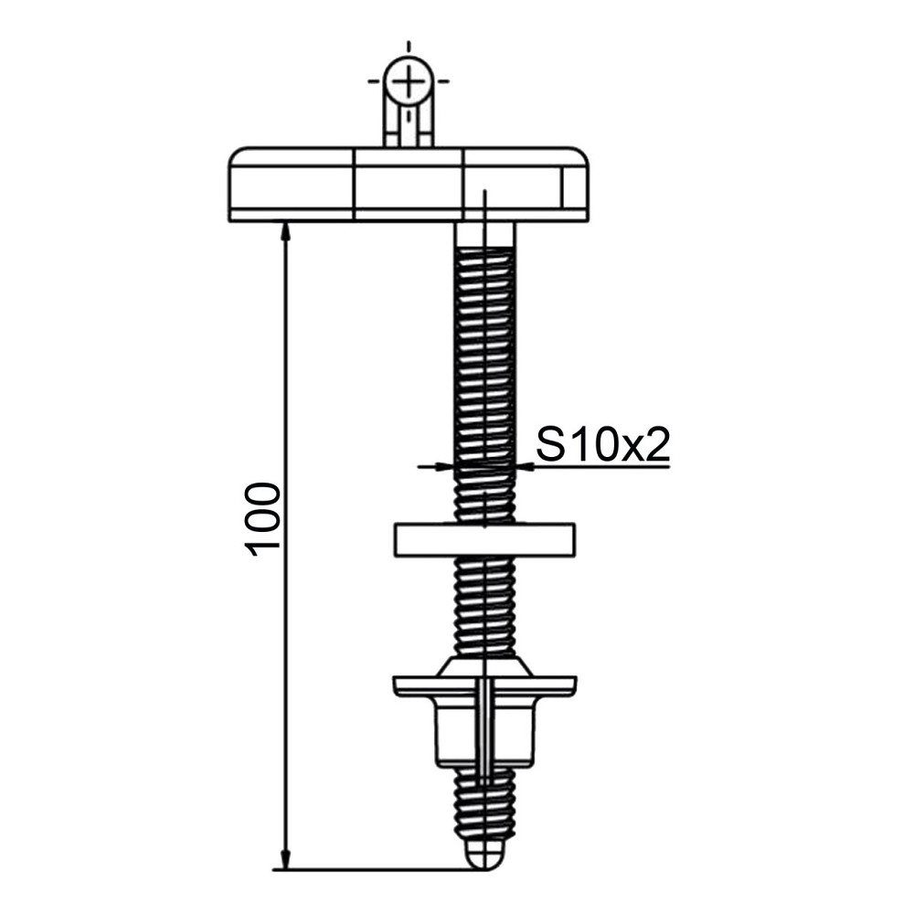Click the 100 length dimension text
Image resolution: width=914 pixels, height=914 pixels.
click(263, 517)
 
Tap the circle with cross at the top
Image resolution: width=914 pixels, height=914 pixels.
click(408, 82)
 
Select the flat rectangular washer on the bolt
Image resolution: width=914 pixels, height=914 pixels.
click(484, 539)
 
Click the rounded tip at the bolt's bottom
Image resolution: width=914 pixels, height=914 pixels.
click(484, 856)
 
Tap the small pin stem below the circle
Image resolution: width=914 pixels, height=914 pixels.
click(408, 126)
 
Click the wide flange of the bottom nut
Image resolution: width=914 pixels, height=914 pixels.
click(484, 685)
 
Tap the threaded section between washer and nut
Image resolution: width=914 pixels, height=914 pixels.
click(484, 603)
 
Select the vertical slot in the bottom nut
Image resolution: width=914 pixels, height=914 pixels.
click(484, 722)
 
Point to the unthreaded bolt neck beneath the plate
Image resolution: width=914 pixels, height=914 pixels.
click(484, 235)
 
